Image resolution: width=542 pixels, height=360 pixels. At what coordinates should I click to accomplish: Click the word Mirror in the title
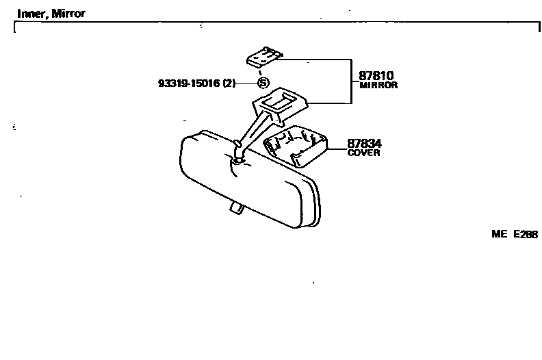(x=69, y=14)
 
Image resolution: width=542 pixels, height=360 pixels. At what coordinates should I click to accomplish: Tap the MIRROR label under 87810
(x=378, y=86)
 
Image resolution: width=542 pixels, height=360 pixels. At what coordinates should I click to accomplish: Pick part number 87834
(x=364, y=144)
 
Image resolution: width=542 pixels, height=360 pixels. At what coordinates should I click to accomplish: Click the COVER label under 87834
(x=363, y=153)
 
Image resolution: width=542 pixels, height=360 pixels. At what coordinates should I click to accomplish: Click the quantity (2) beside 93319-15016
(x=229, y=83)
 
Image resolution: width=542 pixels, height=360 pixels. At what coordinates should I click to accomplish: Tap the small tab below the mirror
(x=235, y=206)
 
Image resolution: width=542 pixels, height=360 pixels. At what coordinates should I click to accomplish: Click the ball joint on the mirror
(x=237, y=159)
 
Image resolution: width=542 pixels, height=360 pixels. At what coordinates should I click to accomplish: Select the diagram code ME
(x=498, y=234)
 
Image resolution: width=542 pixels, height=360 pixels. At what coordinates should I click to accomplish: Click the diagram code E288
(x=525, y=234)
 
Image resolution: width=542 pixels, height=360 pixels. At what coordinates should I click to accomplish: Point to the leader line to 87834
(x=337, y=148)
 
